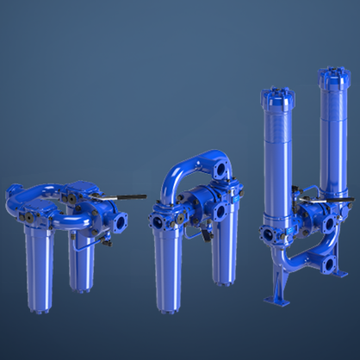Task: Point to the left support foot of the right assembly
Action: pyautogui.click(x=275, y=294)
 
